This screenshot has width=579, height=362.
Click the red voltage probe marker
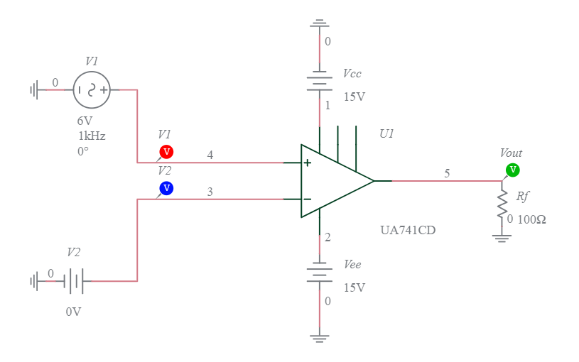(166, 151)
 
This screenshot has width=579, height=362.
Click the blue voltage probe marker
(166, 188)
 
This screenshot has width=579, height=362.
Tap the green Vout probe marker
(512, 170)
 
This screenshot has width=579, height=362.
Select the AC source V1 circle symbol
(92, 90)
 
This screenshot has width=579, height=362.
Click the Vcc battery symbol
(320, 80)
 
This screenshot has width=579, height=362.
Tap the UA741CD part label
(408, 231)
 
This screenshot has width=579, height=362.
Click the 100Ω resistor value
(531, 220)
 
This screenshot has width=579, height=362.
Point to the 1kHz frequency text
(92, 136)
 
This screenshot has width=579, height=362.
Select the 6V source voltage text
(85, 121)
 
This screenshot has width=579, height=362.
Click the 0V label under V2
(74, 312)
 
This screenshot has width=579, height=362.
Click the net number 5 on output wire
(447, 173)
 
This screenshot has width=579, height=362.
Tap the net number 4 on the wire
(210, 155)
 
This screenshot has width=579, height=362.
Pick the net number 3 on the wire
(210, 192)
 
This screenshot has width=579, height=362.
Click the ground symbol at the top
(320, 24)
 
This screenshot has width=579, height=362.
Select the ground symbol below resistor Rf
(502, 238)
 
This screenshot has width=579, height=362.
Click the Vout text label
(511, 153)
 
